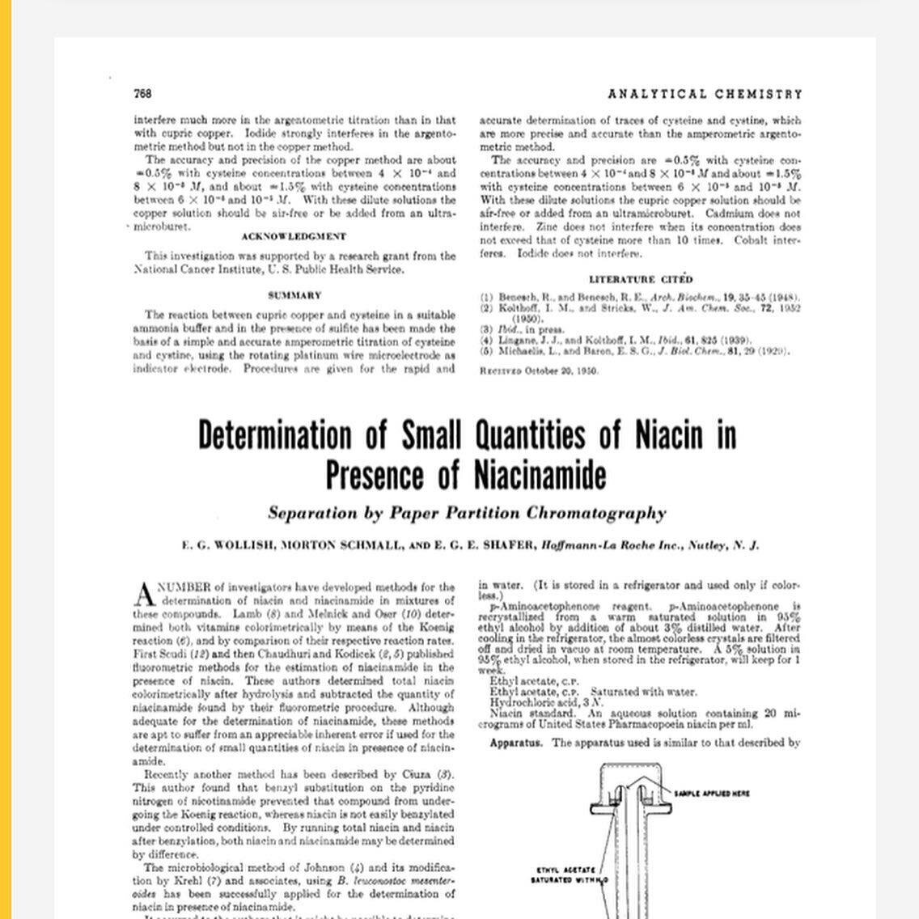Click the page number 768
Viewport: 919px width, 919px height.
[x=142, y=94]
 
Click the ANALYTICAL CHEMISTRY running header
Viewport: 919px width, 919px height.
[x=705, y=94]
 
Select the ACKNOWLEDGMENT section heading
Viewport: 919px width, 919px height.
[x=294, y=237]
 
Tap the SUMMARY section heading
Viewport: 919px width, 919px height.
[x=294, y=296]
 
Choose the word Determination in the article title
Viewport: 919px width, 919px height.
[x=275, y=435]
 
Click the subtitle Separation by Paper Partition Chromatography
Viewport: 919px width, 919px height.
[x=467, y=513]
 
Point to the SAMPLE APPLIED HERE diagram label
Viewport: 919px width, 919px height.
[x=712, y=794]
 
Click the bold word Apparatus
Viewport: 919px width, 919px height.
[x=516, y=743]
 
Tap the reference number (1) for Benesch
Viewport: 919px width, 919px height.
[x=486, y=298]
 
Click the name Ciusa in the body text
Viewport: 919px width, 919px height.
[x=416, y=774]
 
